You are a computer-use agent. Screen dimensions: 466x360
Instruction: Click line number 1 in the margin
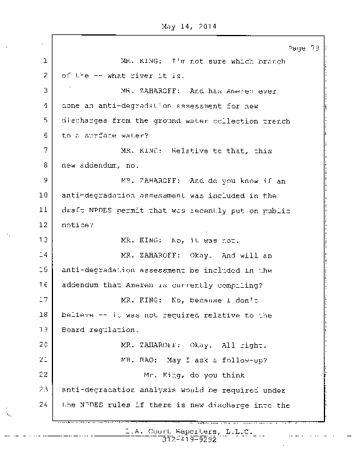44,61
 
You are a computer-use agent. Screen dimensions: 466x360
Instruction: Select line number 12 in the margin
44,225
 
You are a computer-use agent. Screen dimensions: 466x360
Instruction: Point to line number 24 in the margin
44,405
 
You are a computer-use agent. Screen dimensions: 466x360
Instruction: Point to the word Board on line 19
73,330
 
